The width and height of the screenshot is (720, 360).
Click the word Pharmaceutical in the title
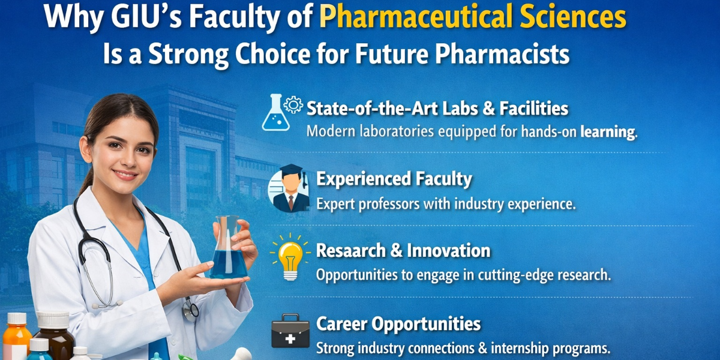[x=416, y=17]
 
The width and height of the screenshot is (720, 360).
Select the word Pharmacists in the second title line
[x=502, y=53]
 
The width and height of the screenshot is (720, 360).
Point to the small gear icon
[x=293, y=104]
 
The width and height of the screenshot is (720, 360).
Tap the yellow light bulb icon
[x=290, y=257]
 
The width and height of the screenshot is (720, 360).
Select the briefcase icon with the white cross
[x=290, y=331]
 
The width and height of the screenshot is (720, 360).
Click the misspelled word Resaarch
[x=350, y=250]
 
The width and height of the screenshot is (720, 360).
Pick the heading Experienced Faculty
[x=394, y=179]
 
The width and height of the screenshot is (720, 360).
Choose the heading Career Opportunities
[x=398, y=324]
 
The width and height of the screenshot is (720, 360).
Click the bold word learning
[x=608, y=132]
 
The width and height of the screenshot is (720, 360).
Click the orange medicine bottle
[x=17, y=336]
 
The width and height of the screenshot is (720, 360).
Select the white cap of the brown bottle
[x=53, y=319]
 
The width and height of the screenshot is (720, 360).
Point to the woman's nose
[x=128, y=159]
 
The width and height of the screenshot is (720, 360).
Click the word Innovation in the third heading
[x=449, y=250]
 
